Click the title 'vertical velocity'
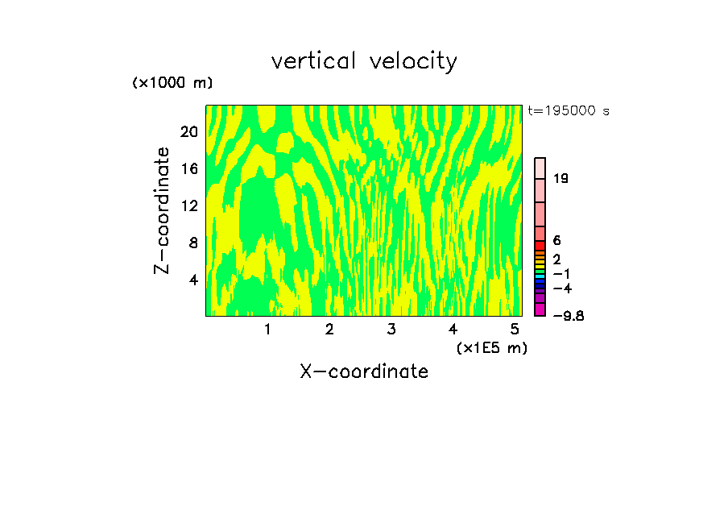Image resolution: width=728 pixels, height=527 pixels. click(x=364, y=61)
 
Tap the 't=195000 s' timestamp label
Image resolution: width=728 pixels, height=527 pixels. click(x=568, y=110)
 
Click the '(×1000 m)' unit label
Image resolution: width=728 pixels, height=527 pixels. click(x=172, y=83)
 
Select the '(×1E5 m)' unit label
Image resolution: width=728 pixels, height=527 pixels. click(x=491, y=347)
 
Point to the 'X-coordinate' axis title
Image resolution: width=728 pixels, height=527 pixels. click(x=364, y=371)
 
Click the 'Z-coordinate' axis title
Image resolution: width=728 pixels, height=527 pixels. click(x=163, y=210)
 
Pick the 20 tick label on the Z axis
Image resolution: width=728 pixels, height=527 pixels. click(x=188, y=131)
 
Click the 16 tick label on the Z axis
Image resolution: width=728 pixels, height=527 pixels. click(x=188, y=168)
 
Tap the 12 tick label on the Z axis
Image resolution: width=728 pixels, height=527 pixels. click(x=188, y=205)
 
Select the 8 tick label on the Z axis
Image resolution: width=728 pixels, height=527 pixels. click(x=192, y=243)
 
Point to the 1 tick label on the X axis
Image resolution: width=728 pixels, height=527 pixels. click(x=267, y=330)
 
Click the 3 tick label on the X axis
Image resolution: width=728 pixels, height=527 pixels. click(x=391, y=330)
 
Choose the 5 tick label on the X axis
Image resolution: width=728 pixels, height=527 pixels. click(x=515, y=330)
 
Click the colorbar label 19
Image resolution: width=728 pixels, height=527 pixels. click(x=561, y=178)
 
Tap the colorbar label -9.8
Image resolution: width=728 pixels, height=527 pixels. click(x=568, y=316)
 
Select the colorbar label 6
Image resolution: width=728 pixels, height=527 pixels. click(x=556, y=241)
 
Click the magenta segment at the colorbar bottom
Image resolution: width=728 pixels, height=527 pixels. click(x=540, y=309)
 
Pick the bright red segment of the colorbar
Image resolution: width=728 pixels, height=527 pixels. click(x=540, y=245)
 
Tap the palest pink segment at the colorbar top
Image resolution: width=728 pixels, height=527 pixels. click(x=540, y=167)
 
